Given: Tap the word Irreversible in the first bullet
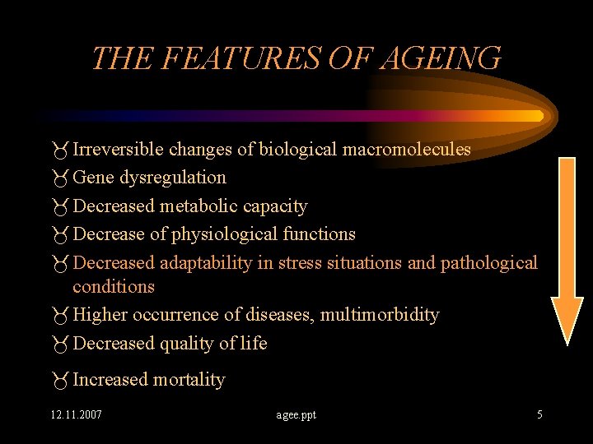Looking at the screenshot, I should click(x=118, y=149).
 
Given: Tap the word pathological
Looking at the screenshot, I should click(x=488, y=262).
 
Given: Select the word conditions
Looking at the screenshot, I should click(x=114, y=286).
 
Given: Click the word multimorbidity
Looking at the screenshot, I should click(x=380, y=314).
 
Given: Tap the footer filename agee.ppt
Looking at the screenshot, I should click(x=296, y=414).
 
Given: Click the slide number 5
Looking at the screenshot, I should click(x=539, y=414).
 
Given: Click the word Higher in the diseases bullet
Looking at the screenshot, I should click(x=99, y=314).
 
